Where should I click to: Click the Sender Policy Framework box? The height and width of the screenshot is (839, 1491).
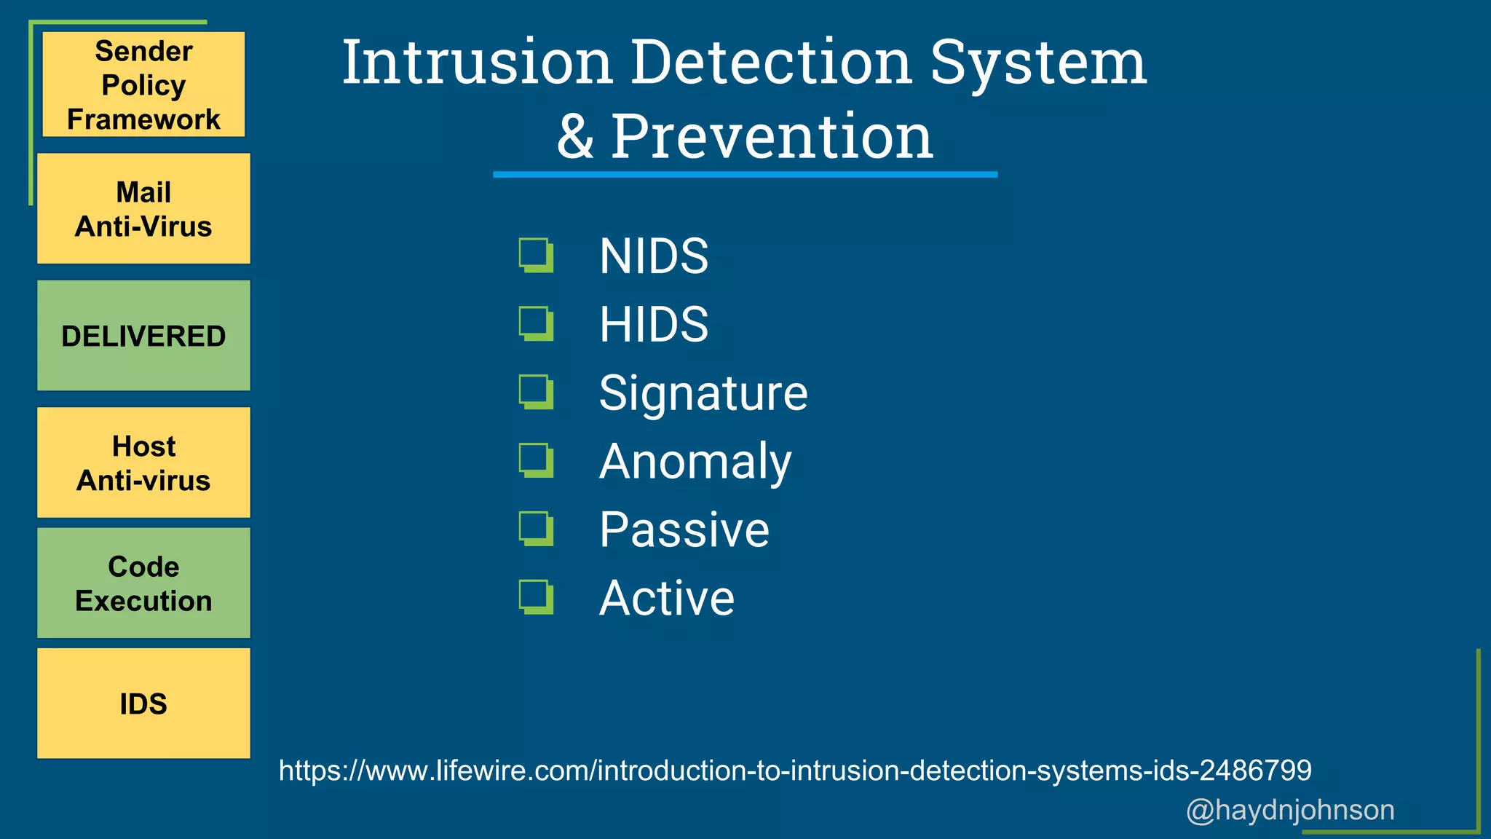pos(143,84)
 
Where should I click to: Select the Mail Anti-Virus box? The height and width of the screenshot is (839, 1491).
pos(143,209)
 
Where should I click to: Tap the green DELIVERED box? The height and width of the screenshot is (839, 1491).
pos(143,336)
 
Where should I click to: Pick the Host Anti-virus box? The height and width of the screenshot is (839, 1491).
pos(143,462)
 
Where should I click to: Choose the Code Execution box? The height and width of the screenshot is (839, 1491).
pos(143,583)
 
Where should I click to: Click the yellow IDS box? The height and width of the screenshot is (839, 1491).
pos(143,704)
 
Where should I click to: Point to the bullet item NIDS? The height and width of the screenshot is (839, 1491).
pos(653,256)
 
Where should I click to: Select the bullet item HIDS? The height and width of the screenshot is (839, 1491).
pos(653,324)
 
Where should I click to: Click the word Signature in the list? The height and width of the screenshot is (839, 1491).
pos(703,393)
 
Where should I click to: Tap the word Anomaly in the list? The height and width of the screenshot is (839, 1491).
pos(695,462)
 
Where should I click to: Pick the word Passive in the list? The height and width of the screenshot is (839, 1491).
pos(684,529)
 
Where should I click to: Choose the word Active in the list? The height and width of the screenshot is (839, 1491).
pos(666,598)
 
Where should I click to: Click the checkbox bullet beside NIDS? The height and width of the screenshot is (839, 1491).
pos(536,255)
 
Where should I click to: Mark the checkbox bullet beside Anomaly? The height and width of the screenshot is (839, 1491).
pos(536,460)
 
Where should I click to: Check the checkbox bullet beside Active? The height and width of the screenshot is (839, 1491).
pos(536,597)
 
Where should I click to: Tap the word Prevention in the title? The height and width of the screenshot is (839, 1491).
pos(772,136)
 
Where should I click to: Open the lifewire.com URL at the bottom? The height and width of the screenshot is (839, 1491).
pos(795,771)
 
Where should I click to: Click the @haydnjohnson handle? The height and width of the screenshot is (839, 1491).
pos(1290,810)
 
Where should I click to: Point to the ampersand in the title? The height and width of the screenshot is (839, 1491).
pos(575,138)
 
